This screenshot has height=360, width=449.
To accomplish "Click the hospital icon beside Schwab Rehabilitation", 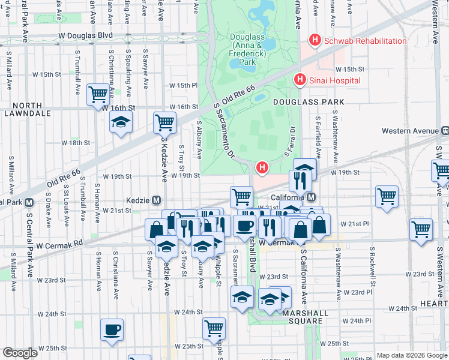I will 314,41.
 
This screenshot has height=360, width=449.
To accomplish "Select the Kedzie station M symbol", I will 156,200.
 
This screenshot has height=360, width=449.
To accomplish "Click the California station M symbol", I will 311,197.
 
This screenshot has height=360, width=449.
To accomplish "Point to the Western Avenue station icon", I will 445,130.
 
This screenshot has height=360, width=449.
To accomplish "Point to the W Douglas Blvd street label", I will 86,36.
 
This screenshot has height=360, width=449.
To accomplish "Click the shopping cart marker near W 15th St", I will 98,94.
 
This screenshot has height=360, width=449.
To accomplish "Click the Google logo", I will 20,353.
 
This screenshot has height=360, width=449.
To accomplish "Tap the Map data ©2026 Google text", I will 412,355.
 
